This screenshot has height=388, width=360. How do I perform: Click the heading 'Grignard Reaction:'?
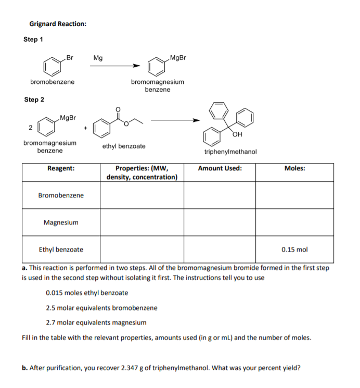58,24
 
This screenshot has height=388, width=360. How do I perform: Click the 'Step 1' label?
34,40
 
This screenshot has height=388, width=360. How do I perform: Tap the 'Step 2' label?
34,99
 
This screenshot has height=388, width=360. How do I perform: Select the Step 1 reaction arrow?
114,66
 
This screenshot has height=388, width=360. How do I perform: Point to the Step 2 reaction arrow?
174,120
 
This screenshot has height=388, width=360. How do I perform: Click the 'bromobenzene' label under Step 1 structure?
52,82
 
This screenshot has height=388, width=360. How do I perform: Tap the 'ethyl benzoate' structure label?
124,146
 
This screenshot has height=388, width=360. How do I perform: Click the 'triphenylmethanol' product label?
230,152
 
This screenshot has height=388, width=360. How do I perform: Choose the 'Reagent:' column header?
60,169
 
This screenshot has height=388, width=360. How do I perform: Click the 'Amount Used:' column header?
220,169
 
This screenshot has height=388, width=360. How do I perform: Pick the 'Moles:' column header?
294,169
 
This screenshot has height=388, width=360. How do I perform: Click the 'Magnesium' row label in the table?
61,222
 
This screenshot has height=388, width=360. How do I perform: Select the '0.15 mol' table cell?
294,249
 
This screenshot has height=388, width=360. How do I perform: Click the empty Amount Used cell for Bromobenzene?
220,195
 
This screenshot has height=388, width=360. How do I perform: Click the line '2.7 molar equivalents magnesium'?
96,322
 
